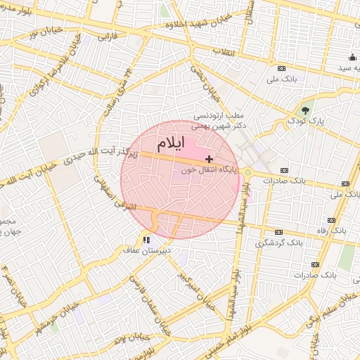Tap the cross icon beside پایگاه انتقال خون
pos(209,160)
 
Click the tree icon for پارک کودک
pos(304,110)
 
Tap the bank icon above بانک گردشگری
pos(279,232)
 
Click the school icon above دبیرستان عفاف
pos(146,240)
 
